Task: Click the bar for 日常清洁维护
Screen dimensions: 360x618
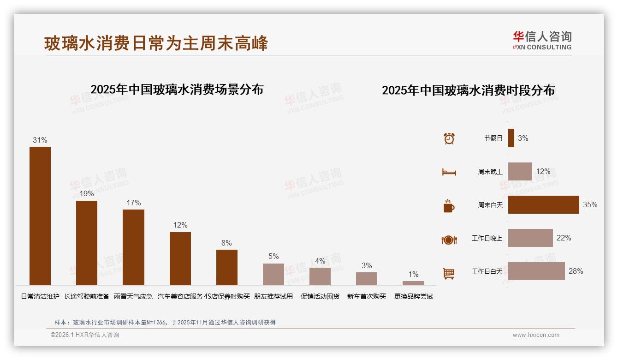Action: (40, 216)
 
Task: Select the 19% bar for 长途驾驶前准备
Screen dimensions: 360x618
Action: (87, 243)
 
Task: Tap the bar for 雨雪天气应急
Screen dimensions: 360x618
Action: (133, 247)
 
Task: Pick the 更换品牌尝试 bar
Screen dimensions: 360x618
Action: (413, 283)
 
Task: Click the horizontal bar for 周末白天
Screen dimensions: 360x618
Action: (543, 204)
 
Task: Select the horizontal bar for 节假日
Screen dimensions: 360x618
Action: (511, 138)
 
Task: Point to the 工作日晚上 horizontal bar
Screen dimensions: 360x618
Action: (530, 238)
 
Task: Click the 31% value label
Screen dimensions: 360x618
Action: (40, 140)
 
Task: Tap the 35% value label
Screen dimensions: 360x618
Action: (590, 204)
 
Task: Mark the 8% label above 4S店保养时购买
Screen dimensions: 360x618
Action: (226, 243)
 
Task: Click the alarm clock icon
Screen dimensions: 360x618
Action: (449, 138)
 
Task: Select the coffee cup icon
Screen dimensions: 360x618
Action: (449, 206)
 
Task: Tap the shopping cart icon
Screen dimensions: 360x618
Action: (449, 273)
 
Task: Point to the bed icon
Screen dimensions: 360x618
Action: (449, 172)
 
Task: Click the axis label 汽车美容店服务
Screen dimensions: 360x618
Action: (180, 296)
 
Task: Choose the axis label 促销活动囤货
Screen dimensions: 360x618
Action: (320, 296)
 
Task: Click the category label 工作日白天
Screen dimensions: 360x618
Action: (487, 271)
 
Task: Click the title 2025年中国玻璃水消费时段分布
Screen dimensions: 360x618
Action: (468, 90)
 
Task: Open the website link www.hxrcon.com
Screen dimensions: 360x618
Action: (536, 335)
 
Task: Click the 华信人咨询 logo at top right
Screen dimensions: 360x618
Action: (542, 40)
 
